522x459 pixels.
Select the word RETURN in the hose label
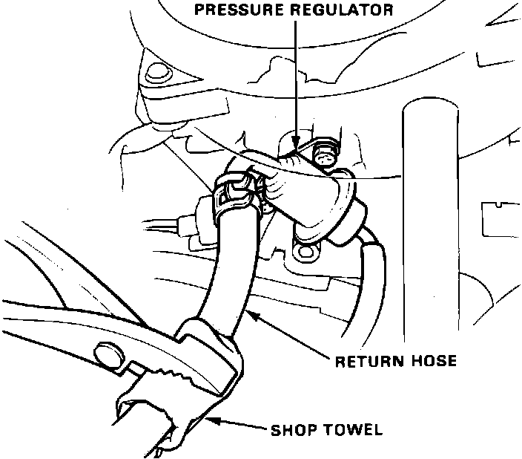[364, 362]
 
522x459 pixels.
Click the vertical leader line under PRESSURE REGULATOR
[296, 74]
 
